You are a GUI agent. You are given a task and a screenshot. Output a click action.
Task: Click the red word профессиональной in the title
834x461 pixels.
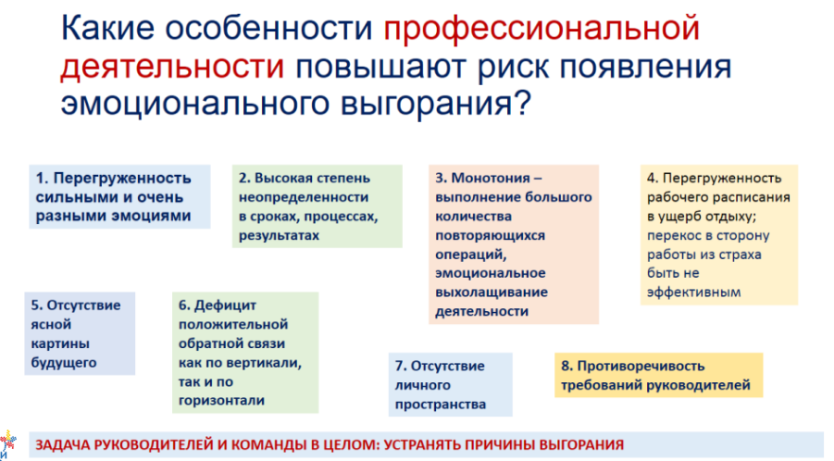point(541,30)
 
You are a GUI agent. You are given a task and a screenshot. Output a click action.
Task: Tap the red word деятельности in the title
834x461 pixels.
point(172,67)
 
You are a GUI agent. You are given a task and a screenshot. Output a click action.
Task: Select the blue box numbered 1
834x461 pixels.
point(119,197)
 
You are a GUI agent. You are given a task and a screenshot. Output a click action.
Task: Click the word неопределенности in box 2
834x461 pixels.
point(304,197)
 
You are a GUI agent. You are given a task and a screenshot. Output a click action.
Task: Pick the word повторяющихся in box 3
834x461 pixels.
point(490,235)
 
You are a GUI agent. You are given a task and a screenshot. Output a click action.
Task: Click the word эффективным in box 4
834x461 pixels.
point(693,293)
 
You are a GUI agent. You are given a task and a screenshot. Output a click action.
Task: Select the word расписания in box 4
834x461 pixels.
point(753,198)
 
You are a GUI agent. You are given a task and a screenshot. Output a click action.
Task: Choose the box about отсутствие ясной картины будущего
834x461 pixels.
point(80,333)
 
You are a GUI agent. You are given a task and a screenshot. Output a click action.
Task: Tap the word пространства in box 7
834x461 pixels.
point(441,405)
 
